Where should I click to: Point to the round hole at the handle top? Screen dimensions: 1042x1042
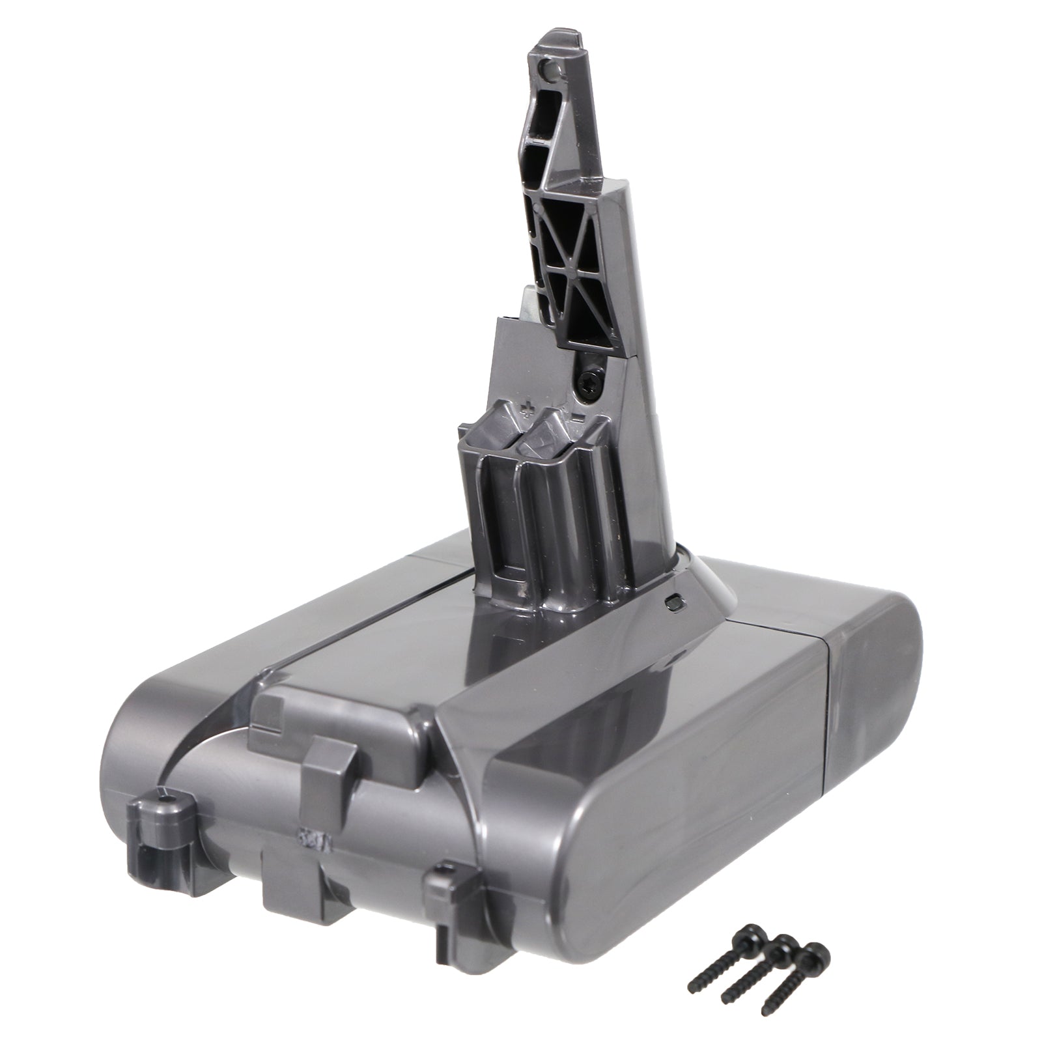553,67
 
